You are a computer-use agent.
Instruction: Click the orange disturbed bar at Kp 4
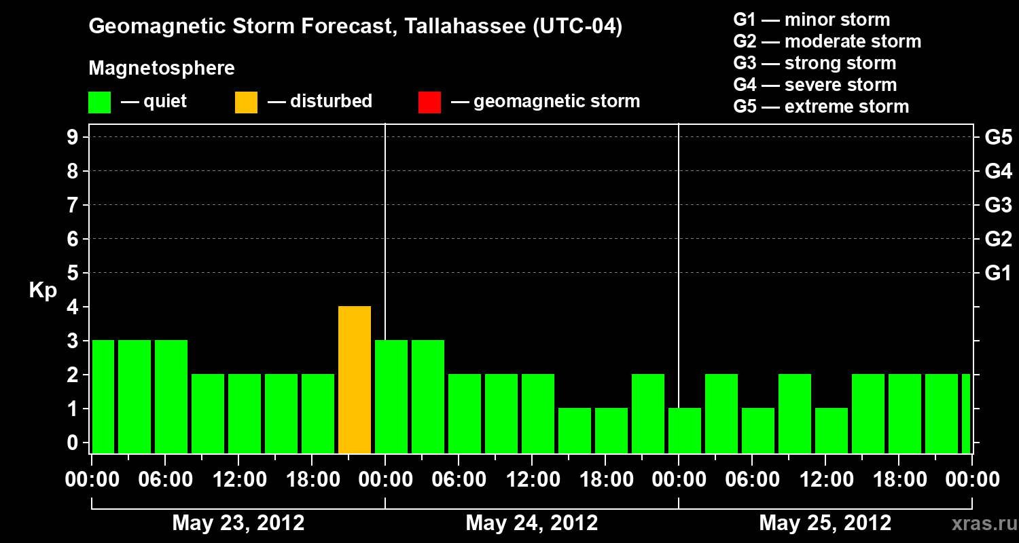click(355, 380)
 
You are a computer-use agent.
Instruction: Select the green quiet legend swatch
click(99, 102)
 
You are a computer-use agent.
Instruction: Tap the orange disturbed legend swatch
click(246, 102)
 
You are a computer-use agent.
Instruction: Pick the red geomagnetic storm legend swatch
click(429, 102)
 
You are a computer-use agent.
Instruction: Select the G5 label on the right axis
click(998, 138)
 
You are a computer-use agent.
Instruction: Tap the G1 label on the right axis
click(998, 274)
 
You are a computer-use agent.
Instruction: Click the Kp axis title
click(43, 291)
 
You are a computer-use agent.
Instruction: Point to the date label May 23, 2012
click(238, 523)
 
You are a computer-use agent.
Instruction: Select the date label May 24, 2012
click(532, 523)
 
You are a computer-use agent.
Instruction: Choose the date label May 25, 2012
click(825, 523)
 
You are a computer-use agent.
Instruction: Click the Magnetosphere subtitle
click(162, 69)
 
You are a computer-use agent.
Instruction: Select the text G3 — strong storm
click(815, 63)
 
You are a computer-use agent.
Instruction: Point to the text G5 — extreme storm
click(821, 107)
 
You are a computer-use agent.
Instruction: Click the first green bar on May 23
click(103, 396)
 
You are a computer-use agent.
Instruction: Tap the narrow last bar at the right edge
click(966, 413)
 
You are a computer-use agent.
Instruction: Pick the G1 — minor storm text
click(811, 20)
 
